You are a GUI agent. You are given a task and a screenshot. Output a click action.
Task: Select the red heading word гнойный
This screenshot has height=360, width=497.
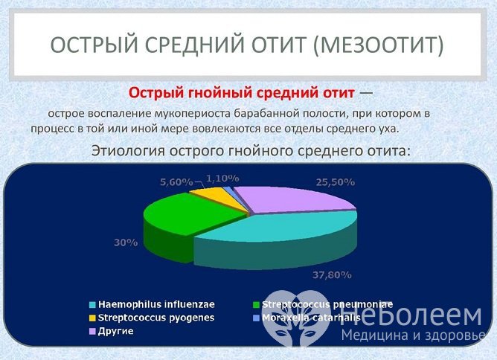click(205, 94)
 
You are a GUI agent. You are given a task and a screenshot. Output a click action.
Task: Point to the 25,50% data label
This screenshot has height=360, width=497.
click(334, 181)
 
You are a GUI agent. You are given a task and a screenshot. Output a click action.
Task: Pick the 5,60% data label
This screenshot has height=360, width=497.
click(176, 181)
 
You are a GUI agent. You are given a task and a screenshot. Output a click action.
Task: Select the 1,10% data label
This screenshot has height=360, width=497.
click(222, 179)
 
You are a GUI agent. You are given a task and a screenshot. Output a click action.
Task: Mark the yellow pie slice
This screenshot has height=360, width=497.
click(208, 196)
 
